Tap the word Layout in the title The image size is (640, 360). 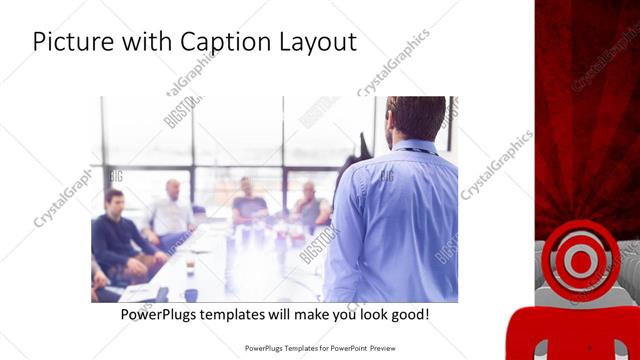click(x=318, y=43)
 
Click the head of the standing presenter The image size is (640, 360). click(x=415, y=117)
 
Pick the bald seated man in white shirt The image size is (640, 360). click(x=173, y=212)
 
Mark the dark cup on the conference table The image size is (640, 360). click(x=190, y=268)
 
